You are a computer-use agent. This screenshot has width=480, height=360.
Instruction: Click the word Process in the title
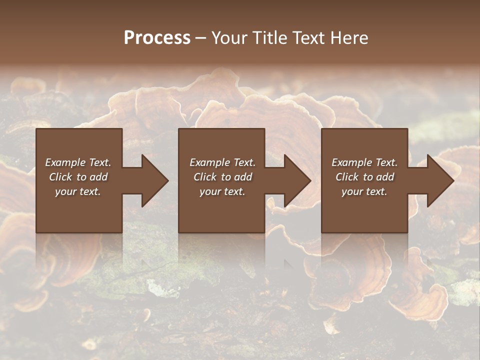click(x=157, y=38)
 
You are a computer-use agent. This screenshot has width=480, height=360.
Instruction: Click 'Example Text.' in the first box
click(x=78, y=162)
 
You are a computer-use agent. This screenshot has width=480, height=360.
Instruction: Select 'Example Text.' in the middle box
click(x=222, y=162)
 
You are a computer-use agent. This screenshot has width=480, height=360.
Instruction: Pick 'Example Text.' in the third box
click(x=364, y=162)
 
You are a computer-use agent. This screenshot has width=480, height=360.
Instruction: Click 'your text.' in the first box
click(x=78, y=191)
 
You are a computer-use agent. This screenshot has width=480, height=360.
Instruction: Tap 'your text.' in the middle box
click(x=222, y=191)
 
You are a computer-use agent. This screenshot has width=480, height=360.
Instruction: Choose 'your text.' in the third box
click(x=364, y=191)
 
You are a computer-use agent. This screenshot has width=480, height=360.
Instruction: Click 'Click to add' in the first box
click(x=78, y=177)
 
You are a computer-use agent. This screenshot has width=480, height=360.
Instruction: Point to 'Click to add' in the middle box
click(x=222, y=177)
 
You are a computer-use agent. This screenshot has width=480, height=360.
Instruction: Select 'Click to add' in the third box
click(x=364, y=177)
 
